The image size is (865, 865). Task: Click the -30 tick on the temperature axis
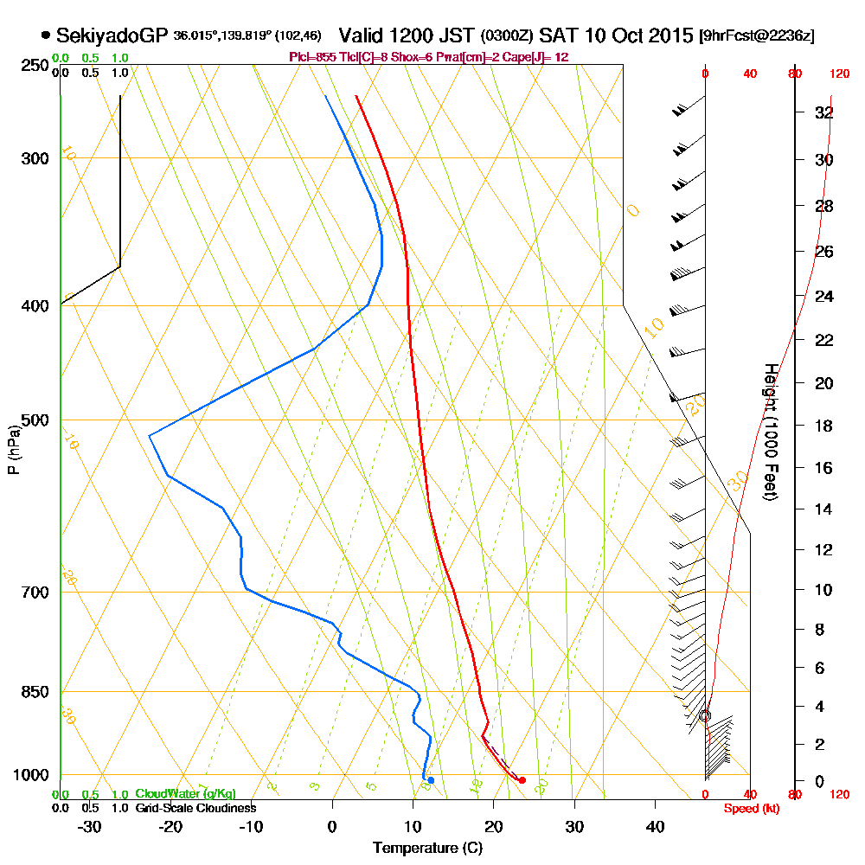click(x=90, y=826)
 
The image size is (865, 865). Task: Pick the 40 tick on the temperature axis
click(x=655, y=826)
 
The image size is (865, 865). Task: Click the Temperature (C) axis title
click(x=427, y=848)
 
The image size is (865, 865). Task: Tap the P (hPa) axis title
click(x=13, y=449)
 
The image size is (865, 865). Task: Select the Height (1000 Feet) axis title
click(x=769, y=432)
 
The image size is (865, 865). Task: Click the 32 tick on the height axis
click(x=823, y=112)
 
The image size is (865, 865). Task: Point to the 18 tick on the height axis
click(x=823, y=426)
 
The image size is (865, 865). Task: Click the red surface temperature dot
click(x=522, y=780)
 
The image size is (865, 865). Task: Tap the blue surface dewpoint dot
click(x=431, y=780)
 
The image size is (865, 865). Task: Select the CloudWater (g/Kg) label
click(x=185, y=794)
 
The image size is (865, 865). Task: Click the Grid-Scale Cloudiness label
click(x=195, y=808)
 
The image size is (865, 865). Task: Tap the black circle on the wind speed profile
click(x=705, y=716)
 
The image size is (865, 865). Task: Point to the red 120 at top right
click(x=838, y=74)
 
